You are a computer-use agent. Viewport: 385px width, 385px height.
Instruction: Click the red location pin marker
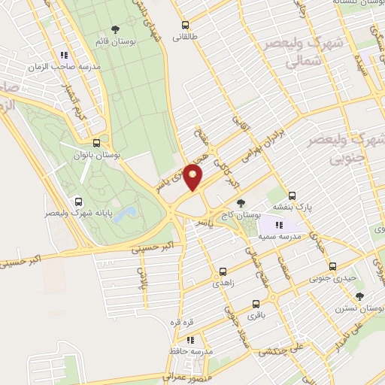tap(193, 177)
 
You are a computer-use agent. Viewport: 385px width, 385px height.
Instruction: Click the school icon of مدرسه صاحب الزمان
tap(65, 55)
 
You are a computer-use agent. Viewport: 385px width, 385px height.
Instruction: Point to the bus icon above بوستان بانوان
tap(96, 142)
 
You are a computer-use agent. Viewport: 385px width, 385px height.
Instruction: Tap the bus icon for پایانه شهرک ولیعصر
tap(79, 201)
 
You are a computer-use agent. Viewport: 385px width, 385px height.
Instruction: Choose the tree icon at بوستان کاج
tap(241, 203)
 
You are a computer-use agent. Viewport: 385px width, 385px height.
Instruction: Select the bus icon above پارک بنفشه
tap(293, 194)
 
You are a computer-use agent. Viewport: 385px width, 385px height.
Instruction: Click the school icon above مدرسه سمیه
tap(279, 224)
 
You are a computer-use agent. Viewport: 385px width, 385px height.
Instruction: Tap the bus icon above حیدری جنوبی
tap(332, 266)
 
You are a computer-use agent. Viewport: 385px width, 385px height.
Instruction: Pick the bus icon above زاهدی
tap(223, 271)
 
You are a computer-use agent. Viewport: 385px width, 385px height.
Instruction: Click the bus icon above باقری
tap(256, 305)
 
